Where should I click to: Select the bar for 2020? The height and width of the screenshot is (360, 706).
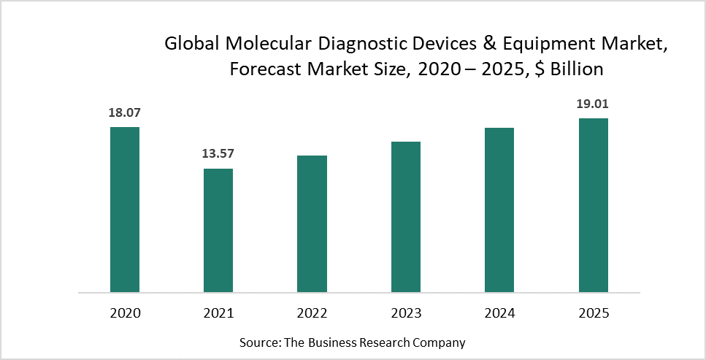[x=125, y=210]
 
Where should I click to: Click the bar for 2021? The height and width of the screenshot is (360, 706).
[x=218, y=230]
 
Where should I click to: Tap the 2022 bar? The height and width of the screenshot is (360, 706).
[x=312, y=223]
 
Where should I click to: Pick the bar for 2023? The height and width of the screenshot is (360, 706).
[x=406, y=217]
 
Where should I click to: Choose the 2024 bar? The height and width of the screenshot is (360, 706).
[x=499, y=210]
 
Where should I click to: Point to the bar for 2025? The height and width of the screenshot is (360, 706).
[x=593, y=205]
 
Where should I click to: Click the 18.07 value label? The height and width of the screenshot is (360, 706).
[x=125, y=113]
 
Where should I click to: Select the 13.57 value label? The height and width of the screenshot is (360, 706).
[x=218, y=154]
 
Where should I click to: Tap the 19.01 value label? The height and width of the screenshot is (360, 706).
[x=593, y=104]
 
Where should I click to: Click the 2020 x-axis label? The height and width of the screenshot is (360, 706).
[x=125, y=313]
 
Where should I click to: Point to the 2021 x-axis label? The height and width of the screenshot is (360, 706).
[x=218, y=313]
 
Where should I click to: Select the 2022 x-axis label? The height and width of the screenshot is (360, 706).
[x=312, y=313]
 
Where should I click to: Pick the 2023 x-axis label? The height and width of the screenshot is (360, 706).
[x=406, y=313]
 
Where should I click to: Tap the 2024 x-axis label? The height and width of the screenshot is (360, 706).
[x=499, y=313]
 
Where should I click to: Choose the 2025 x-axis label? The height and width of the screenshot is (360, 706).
[x=593, y=313]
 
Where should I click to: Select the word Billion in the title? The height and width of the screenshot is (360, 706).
[x=578, y=69]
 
